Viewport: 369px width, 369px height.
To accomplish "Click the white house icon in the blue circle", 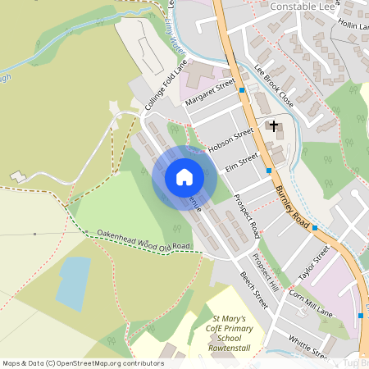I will tap(184, 177).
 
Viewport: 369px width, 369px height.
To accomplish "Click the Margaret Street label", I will tap(209, 92).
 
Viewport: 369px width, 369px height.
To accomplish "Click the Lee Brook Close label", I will tap(274, 86).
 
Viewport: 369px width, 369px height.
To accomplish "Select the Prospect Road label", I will tap(247, 211).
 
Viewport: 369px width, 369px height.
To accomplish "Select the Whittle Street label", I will tap(307, 346).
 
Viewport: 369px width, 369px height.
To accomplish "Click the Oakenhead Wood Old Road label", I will tap(143, 239).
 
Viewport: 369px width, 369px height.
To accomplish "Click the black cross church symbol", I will tap(272, 127).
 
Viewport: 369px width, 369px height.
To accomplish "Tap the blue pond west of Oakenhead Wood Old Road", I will tap(72, 284).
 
